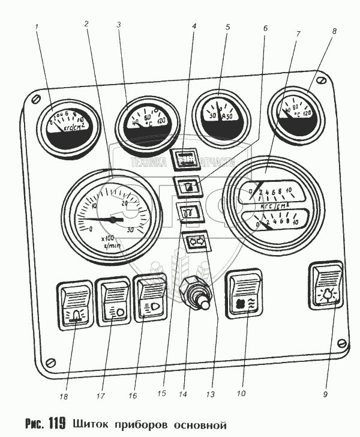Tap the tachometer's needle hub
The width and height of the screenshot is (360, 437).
[x=112, y=220]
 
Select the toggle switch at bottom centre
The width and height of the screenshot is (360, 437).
[x=193, y=294]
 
